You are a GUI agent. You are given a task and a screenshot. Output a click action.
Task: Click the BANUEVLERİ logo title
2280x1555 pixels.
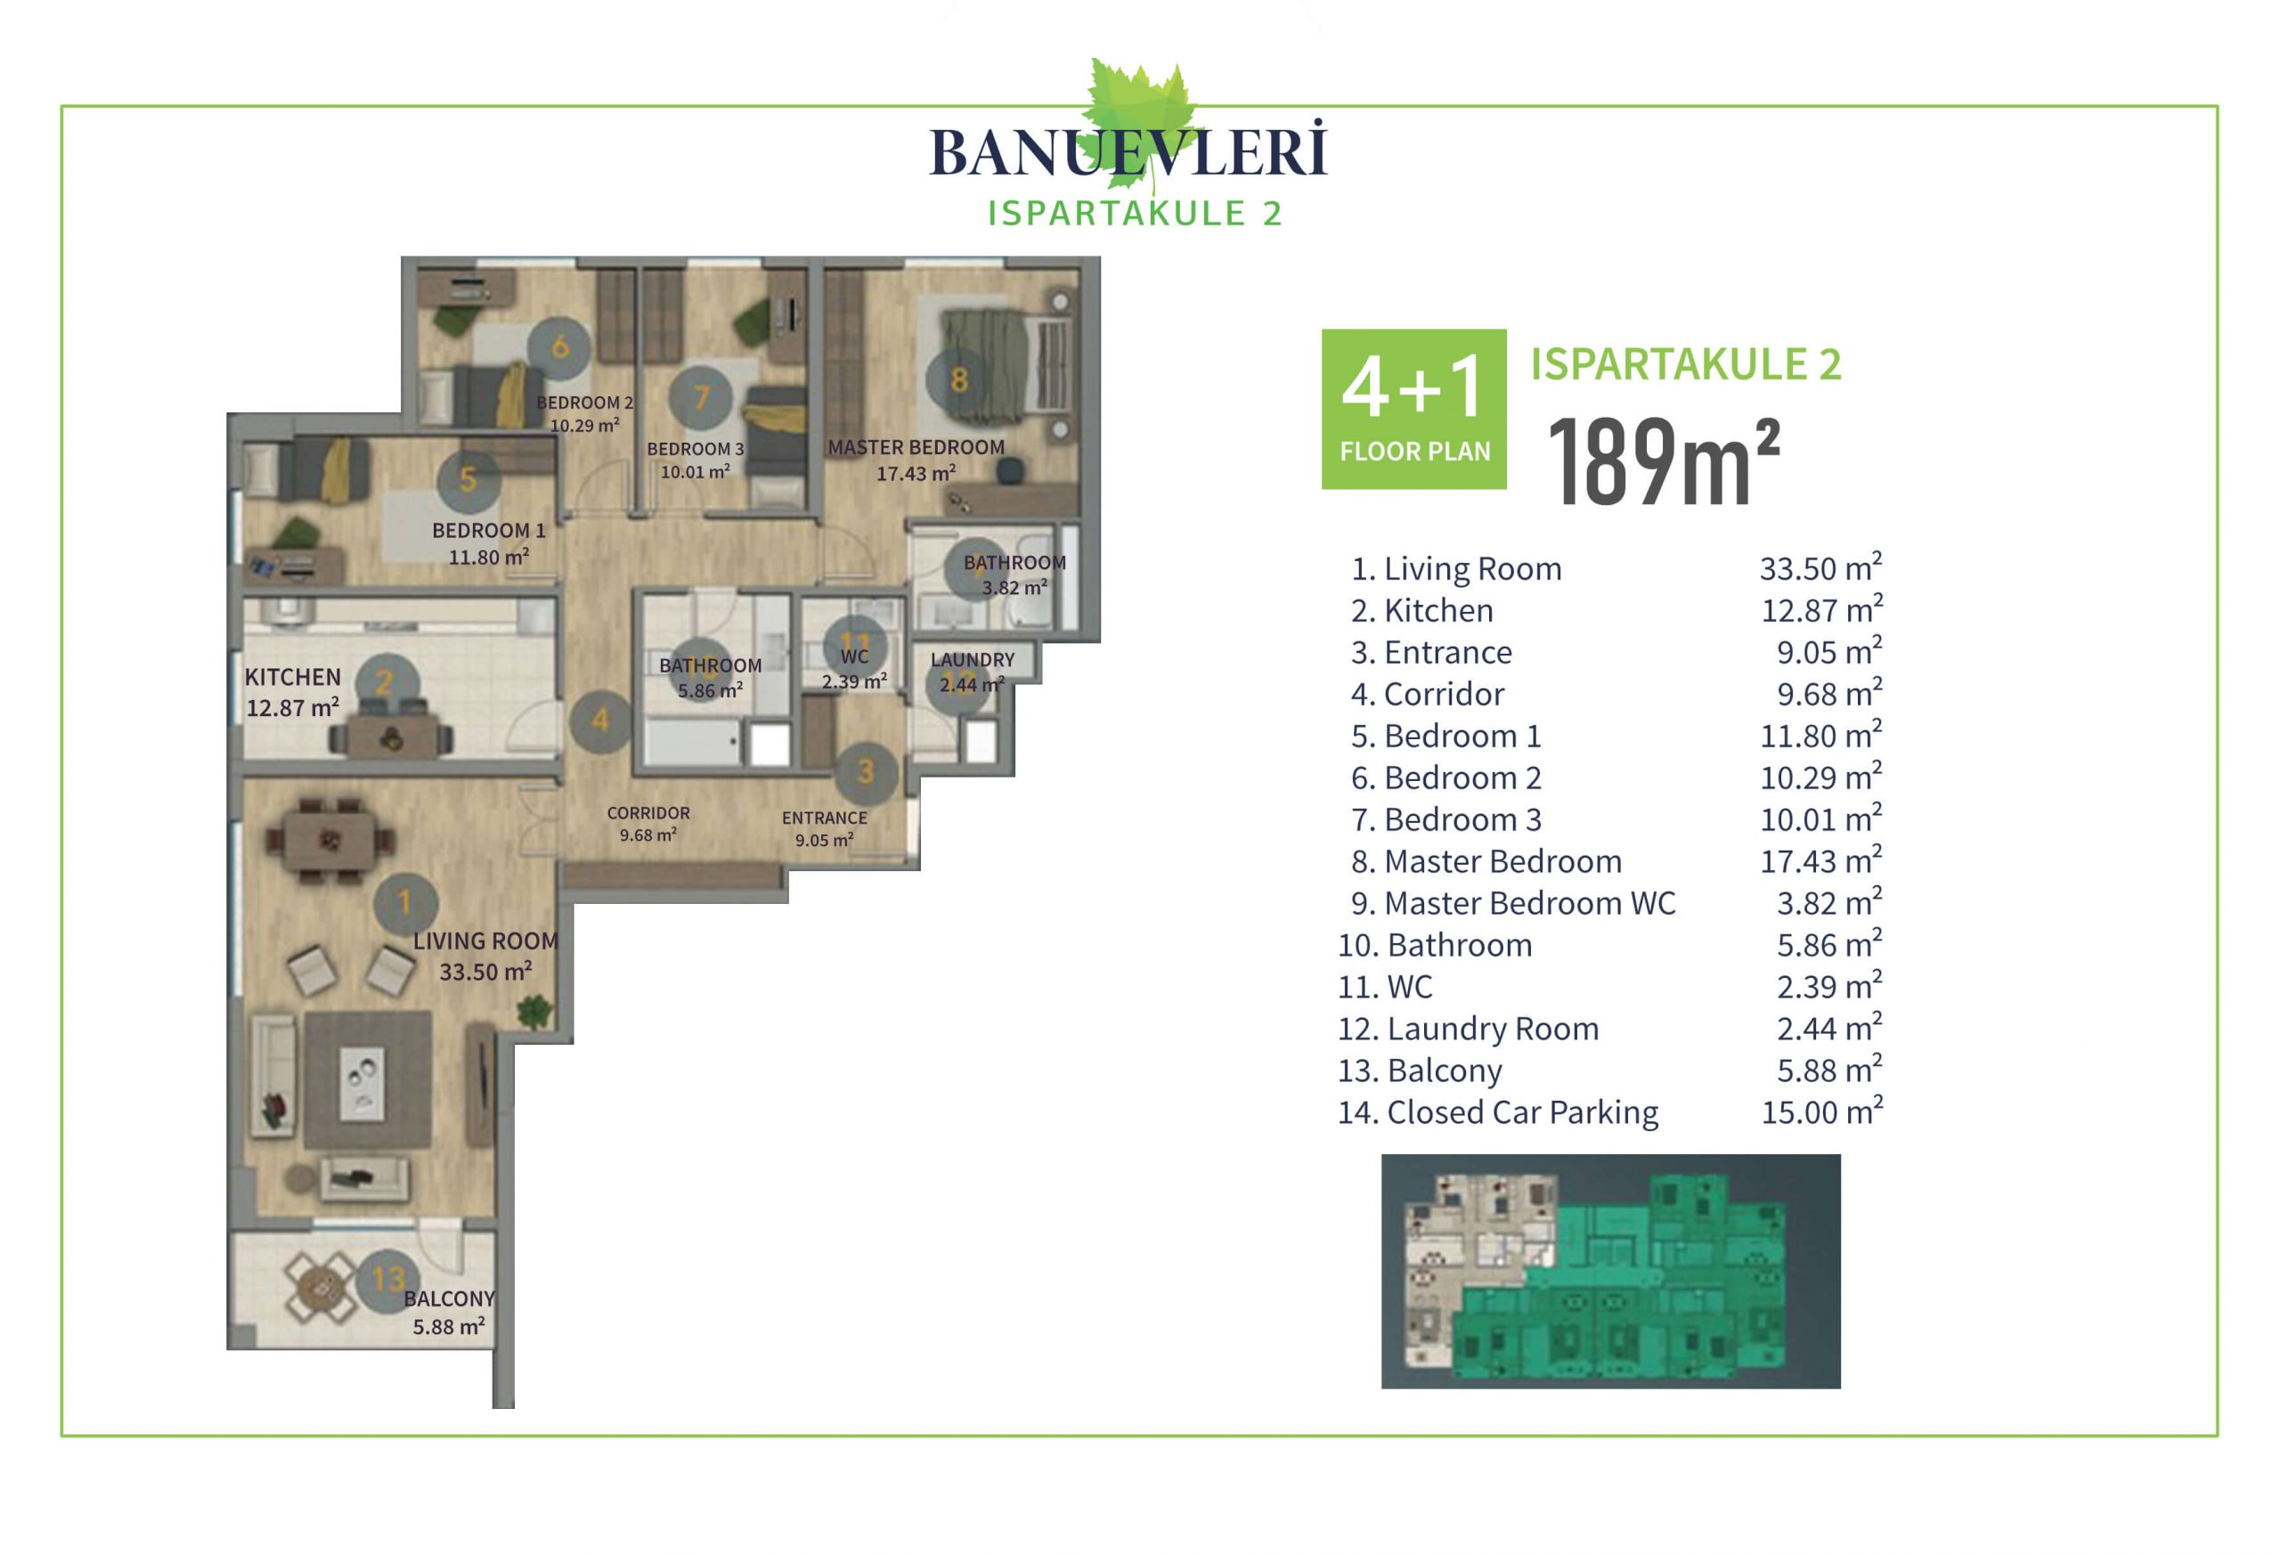1128,152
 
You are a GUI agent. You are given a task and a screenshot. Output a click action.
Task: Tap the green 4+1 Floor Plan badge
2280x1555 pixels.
1413,409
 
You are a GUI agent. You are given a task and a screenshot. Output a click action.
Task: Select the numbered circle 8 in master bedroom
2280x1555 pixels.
958,379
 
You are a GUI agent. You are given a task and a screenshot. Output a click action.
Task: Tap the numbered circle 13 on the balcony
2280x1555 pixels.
388,1278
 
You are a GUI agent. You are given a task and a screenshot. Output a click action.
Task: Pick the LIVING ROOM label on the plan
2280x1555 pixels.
485,940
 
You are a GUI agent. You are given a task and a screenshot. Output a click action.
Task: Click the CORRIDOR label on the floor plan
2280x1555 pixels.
647,812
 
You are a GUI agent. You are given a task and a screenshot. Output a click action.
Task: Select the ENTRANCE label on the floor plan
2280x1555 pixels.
824,818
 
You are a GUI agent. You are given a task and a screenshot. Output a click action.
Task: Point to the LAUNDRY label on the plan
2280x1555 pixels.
973,659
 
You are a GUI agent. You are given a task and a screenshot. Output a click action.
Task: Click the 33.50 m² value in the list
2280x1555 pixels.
1820,567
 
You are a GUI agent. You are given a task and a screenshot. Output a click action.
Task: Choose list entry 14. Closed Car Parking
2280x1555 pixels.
1498,1111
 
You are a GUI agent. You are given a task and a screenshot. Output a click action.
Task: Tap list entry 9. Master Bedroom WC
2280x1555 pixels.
1513,902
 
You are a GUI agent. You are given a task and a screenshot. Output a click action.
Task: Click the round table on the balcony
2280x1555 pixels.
319,1286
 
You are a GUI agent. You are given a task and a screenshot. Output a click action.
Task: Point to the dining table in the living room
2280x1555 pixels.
331,841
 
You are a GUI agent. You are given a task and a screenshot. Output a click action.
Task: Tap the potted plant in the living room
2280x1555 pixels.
533,1010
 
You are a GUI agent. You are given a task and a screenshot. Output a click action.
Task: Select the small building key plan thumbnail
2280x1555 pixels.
1611,1271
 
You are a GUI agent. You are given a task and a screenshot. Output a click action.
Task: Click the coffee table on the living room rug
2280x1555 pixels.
362,1080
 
